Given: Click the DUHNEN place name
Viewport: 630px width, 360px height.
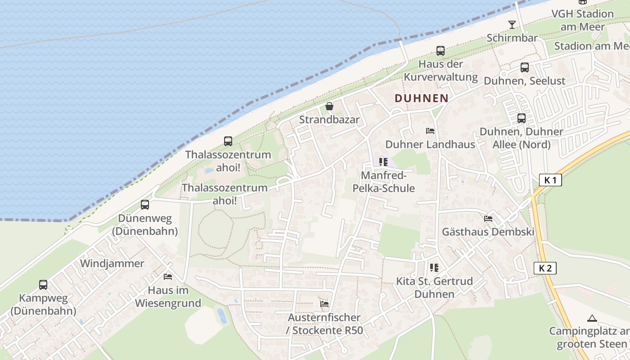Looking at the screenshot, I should point(422,98).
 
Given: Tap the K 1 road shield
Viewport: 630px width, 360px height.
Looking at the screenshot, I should point(550,180).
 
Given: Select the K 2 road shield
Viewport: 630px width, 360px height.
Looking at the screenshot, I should point(545,269).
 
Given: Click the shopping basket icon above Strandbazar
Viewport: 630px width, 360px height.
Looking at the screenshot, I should point(329,107).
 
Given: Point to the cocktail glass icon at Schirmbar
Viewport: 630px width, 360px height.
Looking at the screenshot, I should point(512,24).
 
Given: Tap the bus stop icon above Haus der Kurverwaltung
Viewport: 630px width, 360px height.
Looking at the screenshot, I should point(441,51).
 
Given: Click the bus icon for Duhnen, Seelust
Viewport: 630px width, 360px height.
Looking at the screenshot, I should point(525,67).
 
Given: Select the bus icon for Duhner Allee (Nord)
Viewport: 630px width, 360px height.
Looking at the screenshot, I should point(522,118).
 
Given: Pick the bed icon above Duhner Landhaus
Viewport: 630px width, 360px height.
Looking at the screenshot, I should point(430,131).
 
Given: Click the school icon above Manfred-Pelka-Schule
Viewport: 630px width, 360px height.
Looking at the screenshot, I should point(383,162).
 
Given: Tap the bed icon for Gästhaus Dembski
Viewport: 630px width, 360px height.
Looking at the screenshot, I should point(488,219).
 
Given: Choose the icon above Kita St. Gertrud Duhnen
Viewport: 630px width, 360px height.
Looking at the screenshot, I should point(434,268).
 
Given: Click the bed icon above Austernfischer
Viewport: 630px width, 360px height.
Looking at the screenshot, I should point(324,304).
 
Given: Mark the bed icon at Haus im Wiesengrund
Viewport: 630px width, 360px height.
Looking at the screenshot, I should point(168,276).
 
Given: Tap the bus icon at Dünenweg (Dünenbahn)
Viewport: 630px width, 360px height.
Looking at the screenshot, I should point(145,205).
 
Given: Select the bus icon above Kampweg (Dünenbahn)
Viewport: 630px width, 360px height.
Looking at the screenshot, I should point(43,284).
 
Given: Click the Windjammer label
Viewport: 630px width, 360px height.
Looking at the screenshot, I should point(112,263).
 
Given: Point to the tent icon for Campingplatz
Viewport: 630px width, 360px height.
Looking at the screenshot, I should point(592,318).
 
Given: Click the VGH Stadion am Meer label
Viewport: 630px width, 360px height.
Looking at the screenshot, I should point(582,20).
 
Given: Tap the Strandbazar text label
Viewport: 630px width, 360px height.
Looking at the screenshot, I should point(329,120).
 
